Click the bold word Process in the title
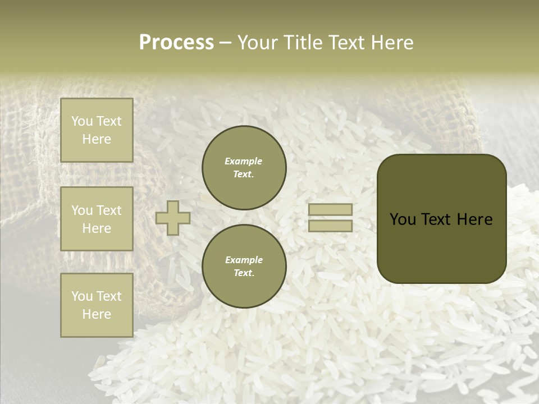(x=176, y=43)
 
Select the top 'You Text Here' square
(x=97, y=130)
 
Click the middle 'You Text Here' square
(x=97, y=219)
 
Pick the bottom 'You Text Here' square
(x=97, y=305)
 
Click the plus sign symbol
(x=173, y=218)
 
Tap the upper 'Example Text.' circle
(x=244, y=168)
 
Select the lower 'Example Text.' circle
(x=244, y=267)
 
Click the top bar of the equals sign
(x=330, y=210)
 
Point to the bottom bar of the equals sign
(x=330, y=226)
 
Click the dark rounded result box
(x=441, y=219)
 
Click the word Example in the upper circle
(x=244, y=161)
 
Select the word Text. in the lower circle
(x=244, y=273)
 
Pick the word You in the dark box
(x=403, y=219)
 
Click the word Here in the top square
(x=97, y=139)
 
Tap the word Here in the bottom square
(x=97, y=314)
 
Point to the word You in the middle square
(x=82, y=210)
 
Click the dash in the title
(x=226, y=43)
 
